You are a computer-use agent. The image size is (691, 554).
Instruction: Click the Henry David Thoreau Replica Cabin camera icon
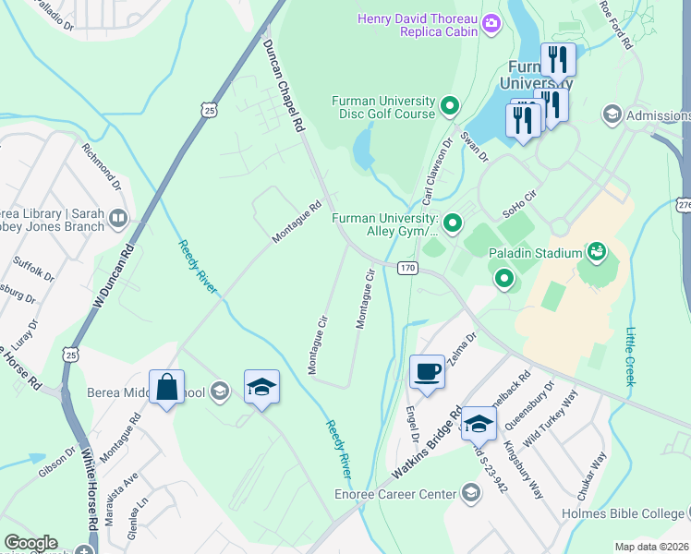coord(491,23)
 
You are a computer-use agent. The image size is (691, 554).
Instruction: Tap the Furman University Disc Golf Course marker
coord(451,106)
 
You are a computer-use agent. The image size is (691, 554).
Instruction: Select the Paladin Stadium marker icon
coord(597,251)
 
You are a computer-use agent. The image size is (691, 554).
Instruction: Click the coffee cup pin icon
coord(426,371)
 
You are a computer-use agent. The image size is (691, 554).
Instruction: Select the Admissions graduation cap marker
coord(611,115)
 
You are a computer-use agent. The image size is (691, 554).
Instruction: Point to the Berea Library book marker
coord(117,218)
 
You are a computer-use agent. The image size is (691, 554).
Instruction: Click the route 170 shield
coord(408,268)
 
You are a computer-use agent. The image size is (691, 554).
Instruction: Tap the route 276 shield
coord(683,204)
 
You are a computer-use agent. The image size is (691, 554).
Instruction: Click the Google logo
coord(30,543)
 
